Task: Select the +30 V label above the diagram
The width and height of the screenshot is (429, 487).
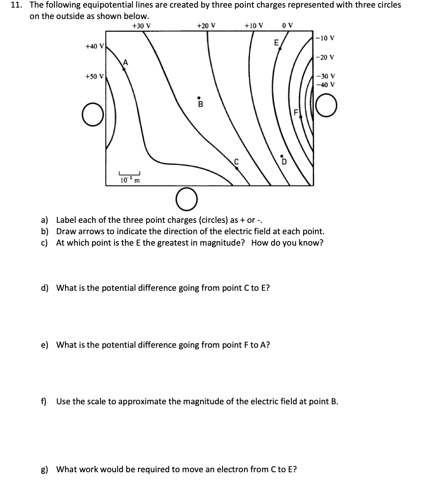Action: (141, 25)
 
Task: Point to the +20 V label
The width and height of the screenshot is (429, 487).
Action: (206, 25)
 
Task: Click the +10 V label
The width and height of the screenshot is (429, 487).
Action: (254, 25)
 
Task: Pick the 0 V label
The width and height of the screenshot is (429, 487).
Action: (287, 25)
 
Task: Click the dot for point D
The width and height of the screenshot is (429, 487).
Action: (283, 155)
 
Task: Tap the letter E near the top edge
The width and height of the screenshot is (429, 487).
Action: (276, 42)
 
